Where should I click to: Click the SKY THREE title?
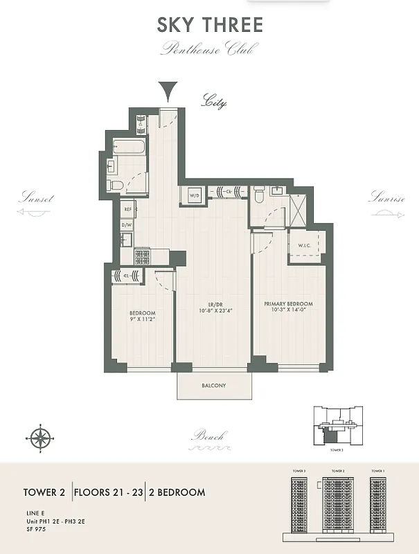210,26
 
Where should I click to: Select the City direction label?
213,102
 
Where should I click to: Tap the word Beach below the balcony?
208,436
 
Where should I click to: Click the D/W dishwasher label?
127,225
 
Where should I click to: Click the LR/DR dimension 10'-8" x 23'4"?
212,311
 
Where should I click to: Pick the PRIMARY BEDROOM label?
288,304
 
